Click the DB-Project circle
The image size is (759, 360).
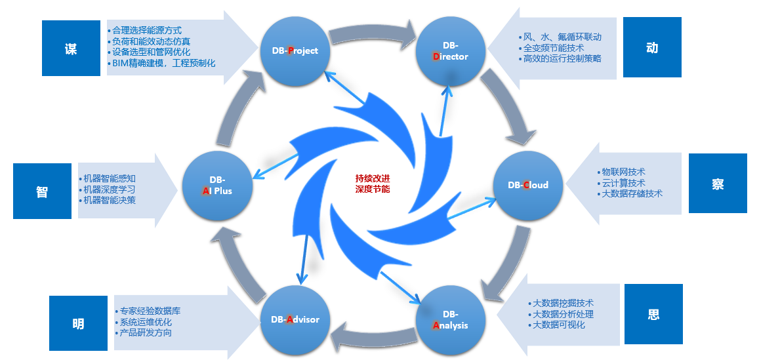pyautogui.click(x=295, y=50)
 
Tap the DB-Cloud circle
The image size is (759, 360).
pyautogui.click(x=527, y=185)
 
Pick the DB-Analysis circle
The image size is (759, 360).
pyautogui.click(x=450, y=319)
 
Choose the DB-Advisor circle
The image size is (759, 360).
pyautogui.click(x=295, y=319)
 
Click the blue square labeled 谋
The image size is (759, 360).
pyautogui.click(x=71, y=49)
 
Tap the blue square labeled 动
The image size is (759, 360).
pyautogui.click(x=651, y=48)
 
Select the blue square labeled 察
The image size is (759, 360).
pyautogui.click(x=718, y=184)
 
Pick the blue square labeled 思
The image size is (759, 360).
pyautogui.click(x=653, y=314)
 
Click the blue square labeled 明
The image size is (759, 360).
pyautogui.click(x=78, y=324)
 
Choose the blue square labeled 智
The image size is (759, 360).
pyautogui.click(x=42, y=191)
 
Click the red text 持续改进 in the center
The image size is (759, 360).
pyautogui.click(x=372, y=178)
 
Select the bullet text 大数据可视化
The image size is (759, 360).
pyautogui.click(x=558, y=325)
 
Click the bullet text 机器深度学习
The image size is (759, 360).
pyautogui.click(x=110, y=190)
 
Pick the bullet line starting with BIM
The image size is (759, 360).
pyautogui.click(x=163, y=64)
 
